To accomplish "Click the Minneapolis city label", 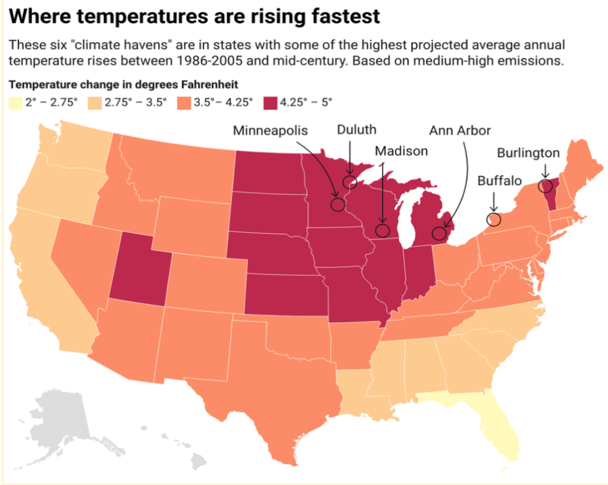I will [x=270, y=130].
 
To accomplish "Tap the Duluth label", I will [x=357, y=130].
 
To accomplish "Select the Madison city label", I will [x=401, y=151].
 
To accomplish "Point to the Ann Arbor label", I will [x=460, y=130].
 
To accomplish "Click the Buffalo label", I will [x=500, y=181].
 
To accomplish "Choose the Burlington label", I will [x=528, y=153].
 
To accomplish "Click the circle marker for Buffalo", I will [x=493, y=219].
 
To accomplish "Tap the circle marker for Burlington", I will [x=546, y=185].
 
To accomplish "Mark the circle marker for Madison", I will [x=382, y=231].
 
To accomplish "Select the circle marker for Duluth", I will [x=349, y=182].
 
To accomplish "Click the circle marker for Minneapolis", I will [x=338, y=204].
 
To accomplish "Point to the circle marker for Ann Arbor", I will [x=438, y=233].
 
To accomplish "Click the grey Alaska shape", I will [x=56, y=416].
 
